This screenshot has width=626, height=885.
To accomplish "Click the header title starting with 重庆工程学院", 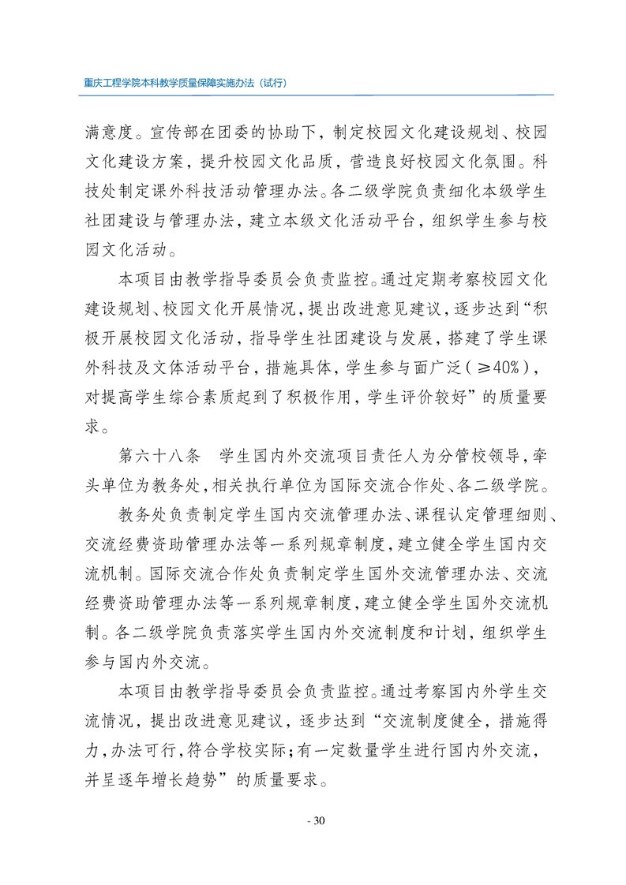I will pos(184,82).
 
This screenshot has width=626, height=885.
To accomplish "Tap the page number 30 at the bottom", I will pos(314,820).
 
